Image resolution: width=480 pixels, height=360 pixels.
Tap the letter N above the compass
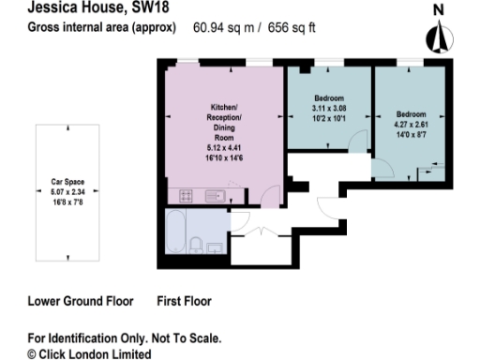click(x=436, y=10)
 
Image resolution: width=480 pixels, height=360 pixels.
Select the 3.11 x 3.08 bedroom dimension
click(x=328, y=109)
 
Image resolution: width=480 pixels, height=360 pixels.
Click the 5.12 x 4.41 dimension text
click(x=224, y=147)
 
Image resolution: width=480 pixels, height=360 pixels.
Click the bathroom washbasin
click(x=216, y=247)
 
